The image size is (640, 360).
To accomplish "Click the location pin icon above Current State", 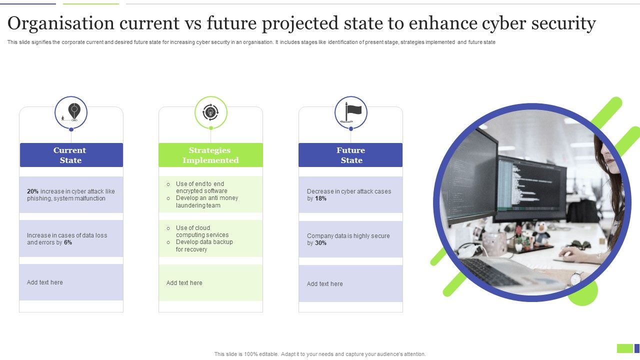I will [74, 112].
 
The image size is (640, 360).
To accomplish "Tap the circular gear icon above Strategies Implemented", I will [210, 112].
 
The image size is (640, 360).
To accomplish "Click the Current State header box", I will [71, 155].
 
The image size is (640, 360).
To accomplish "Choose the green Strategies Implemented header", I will [210, 155].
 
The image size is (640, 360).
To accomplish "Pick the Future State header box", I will [351, 155].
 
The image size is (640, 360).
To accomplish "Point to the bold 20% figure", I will [32, 191].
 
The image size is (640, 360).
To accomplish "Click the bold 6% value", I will [68, 242].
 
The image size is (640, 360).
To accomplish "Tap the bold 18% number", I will [320, 198].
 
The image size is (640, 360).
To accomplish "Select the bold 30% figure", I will [320, 243].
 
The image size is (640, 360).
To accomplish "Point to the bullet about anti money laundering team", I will [206, 201].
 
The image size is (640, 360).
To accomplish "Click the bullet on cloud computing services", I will [202, 231].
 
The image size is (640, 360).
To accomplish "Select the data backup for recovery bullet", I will [204, 245].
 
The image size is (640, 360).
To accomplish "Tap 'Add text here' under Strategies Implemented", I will [184, 283].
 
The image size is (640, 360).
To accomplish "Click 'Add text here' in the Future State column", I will [325, 284].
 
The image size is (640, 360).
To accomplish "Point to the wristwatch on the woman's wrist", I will [576, 278].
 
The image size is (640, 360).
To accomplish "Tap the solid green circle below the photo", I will [583, 295].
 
